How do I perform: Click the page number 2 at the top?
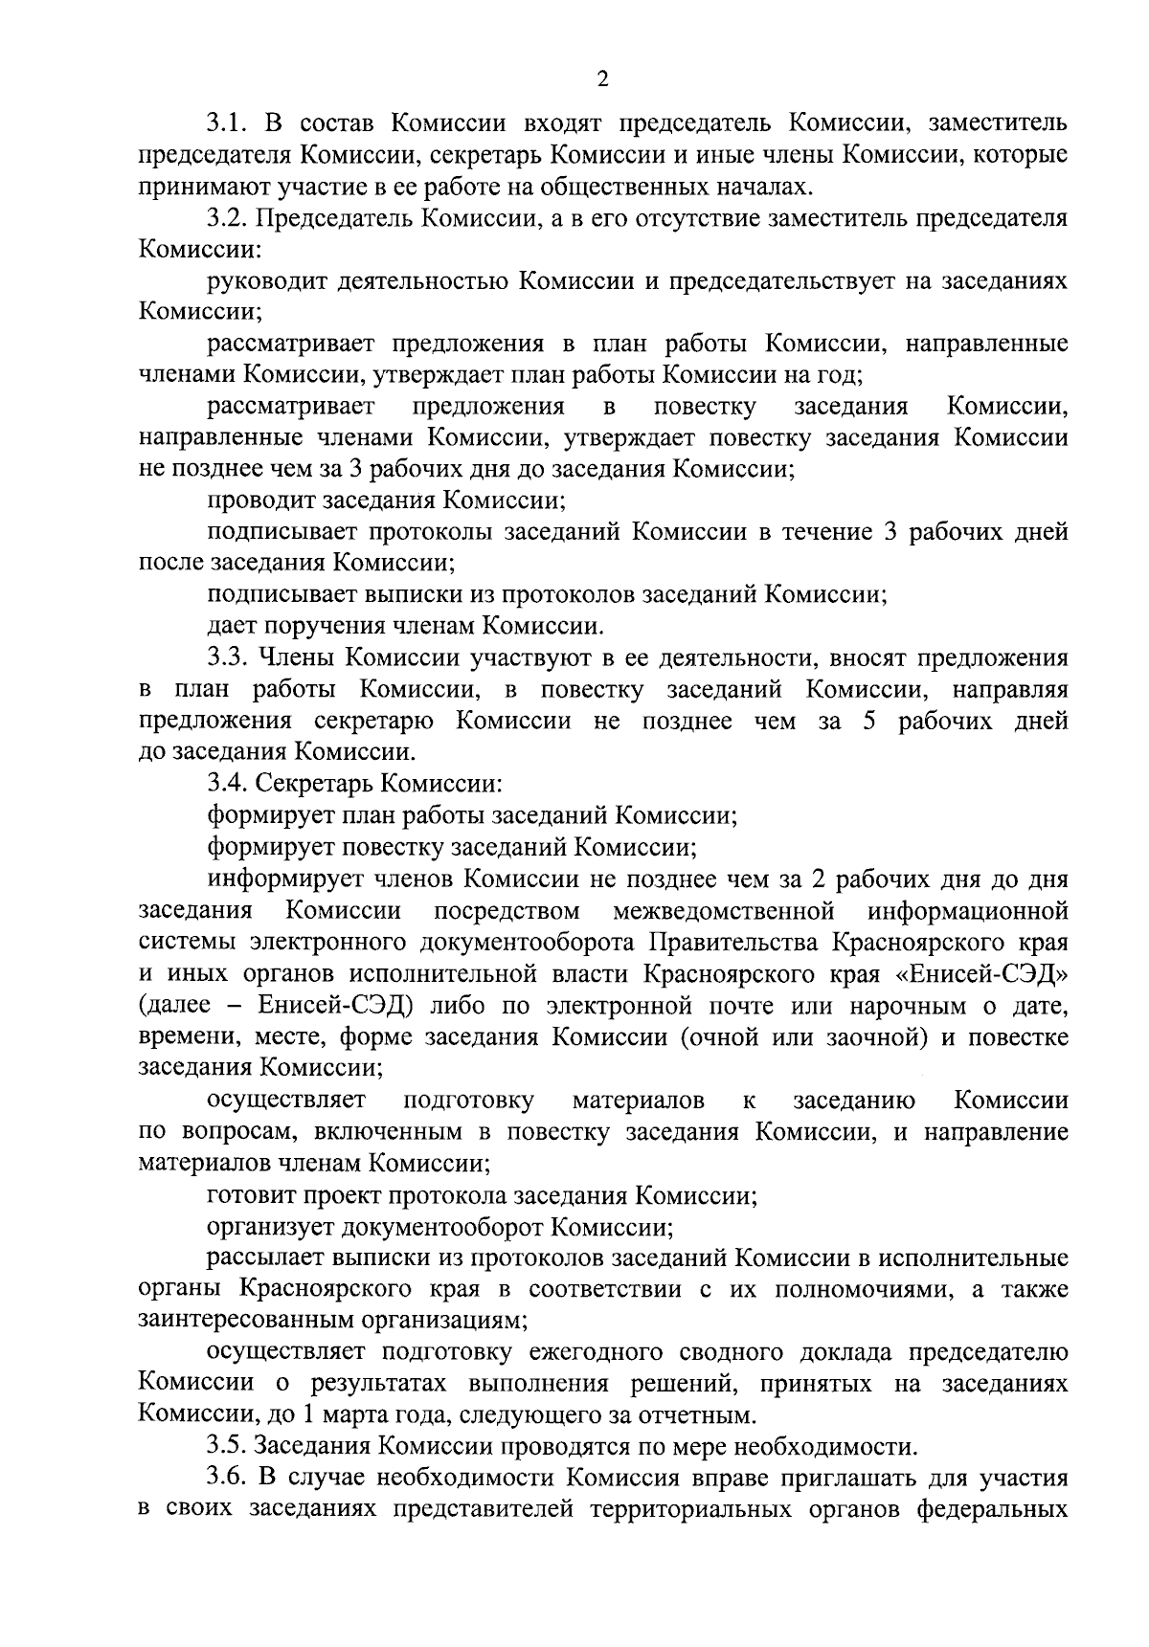point(602,79)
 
